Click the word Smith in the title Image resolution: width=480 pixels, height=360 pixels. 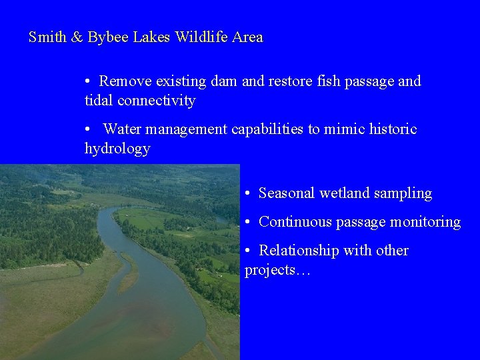[47, 37]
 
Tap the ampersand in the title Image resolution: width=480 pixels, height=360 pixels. [77, 37]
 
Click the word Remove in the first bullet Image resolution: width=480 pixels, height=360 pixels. [125, 81]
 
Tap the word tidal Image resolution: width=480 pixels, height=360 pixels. [99, 101]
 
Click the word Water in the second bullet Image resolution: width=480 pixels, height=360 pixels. [123, 129]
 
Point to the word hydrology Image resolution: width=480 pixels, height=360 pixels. [117, 148]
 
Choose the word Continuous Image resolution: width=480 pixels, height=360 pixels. [293, 222]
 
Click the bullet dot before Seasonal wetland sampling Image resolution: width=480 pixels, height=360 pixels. [247, 193]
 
